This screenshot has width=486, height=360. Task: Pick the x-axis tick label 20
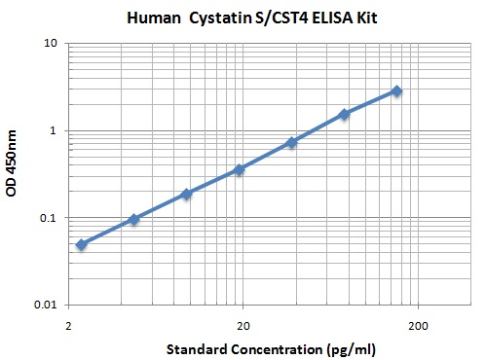243,324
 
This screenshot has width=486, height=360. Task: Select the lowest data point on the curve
82,244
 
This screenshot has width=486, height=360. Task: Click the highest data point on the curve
396,91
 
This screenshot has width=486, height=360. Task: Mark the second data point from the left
133,220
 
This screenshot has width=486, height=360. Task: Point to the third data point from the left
186,194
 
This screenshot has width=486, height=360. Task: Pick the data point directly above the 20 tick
239,169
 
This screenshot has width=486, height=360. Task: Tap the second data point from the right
344,114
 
